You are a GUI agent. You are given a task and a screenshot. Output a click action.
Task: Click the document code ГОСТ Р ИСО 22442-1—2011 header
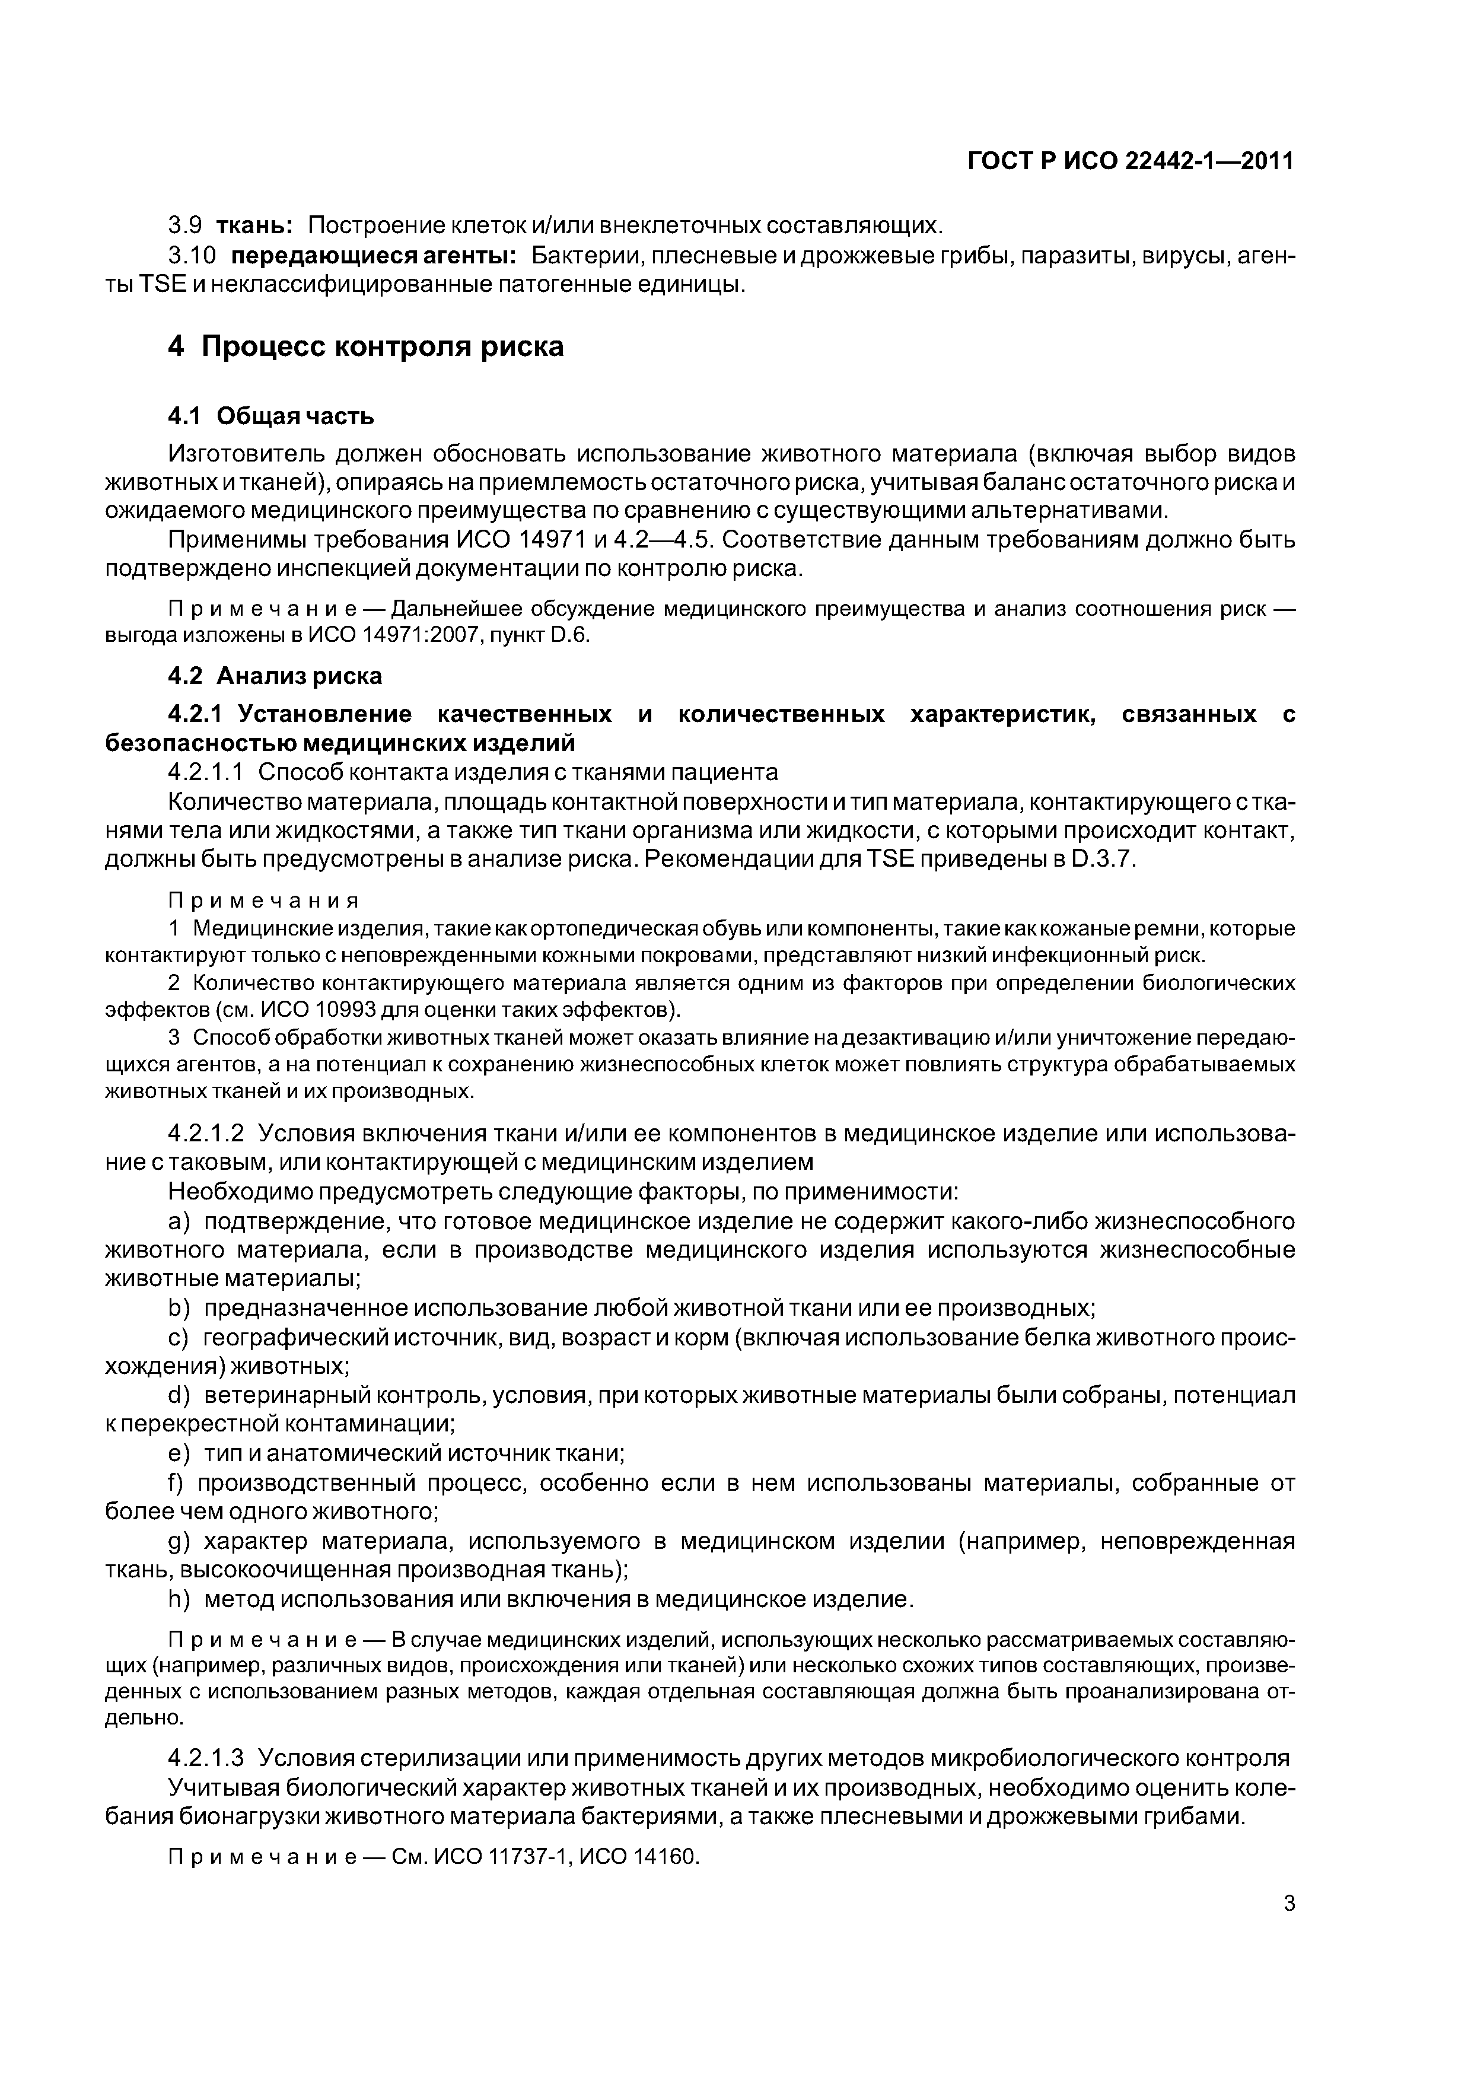[1131, 161]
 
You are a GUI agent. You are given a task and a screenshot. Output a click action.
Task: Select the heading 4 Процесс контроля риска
[365, 346]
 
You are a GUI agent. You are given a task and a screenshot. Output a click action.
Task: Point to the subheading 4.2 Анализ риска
[275, 676]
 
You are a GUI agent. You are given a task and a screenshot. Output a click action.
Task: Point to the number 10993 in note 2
[347, 1010]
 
